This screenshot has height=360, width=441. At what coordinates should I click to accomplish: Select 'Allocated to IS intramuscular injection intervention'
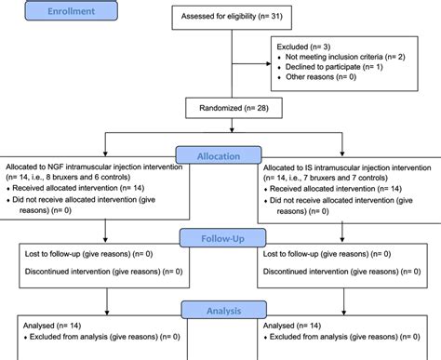(x=345, y=163)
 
